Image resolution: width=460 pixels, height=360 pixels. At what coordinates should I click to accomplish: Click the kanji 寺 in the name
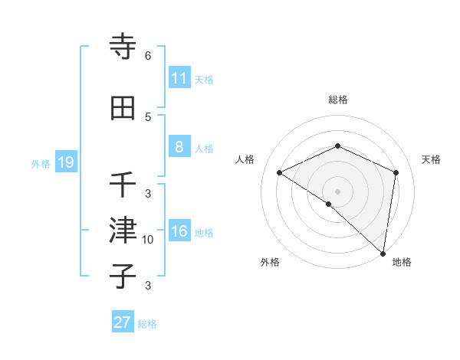tap(123, 47)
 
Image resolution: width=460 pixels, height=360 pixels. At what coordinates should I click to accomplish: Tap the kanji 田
tap(123, 108)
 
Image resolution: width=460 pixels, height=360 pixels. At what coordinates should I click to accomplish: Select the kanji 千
tap(123, 185)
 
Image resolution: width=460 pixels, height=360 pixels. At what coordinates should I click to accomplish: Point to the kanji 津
tap(123, 231)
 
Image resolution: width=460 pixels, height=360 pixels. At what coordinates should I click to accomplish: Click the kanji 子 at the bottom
tap(123, 277)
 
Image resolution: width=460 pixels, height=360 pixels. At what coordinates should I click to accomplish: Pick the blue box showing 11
tap(179, 78)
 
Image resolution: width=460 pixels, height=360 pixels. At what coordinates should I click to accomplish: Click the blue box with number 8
tap(179, 147)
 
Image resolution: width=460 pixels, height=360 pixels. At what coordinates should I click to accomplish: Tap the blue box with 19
tap(65, 162)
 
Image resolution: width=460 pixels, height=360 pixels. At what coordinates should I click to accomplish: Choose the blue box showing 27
tap(123, 322)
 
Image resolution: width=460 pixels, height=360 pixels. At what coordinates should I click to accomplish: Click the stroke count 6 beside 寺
tap(148, 56)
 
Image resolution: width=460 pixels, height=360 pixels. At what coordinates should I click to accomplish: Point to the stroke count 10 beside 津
tap(148, 240)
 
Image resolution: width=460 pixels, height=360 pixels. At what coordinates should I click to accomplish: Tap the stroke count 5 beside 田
tap(148, 117)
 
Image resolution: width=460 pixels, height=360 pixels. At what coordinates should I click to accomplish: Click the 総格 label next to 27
tap(147, 324)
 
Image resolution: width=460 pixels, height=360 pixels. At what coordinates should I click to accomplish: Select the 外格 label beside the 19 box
tap(41, 163)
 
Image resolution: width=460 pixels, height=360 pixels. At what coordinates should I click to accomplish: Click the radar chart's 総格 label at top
tap(337, 100)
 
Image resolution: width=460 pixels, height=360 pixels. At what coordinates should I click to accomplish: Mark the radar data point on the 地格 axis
tap(383, 254)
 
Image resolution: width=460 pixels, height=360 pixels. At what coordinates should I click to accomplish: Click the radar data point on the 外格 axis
tap(328, 204)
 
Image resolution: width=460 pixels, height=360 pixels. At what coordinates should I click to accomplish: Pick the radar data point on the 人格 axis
tap(280, 172)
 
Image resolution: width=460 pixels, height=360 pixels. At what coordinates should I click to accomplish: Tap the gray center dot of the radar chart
tap(337, 191)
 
